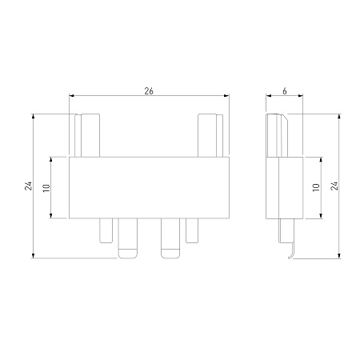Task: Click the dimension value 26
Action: (149, 91)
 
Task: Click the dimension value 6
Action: (285, 91)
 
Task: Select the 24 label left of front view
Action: (28, 186)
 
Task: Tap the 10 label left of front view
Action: (46, 188)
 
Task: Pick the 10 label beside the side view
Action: (316, 187)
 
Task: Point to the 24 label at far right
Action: (334, 186)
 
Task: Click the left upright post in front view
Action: (87, 135)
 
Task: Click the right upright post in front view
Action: (210, 135)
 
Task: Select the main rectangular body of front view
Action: (149, 188)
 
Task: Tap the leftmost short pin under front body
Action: (106, 231)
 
